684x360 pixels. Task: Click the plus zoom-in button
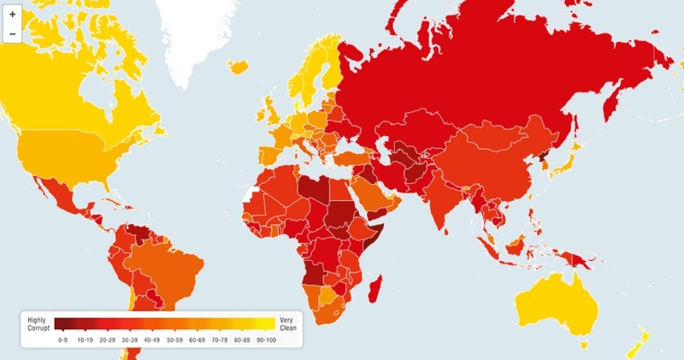[12, 15]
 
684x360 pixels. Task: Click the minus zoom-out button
[12, 34]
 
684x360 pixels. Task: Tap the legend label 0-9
[62, 339]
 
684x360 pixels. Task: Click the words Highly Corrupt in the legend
[38, 324]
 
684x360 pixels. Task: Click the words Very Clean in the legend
[287, 324]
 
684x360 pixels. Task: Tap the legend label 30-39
[128, 339]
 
